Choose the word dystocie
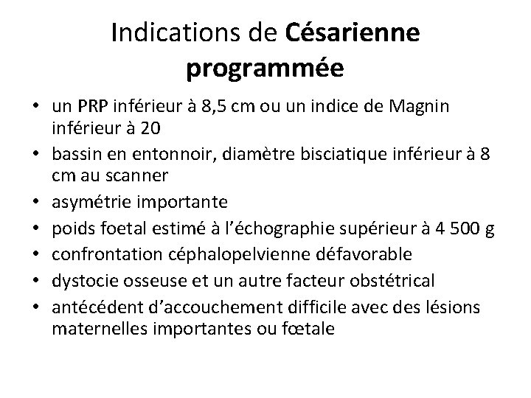pos(83,280)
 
